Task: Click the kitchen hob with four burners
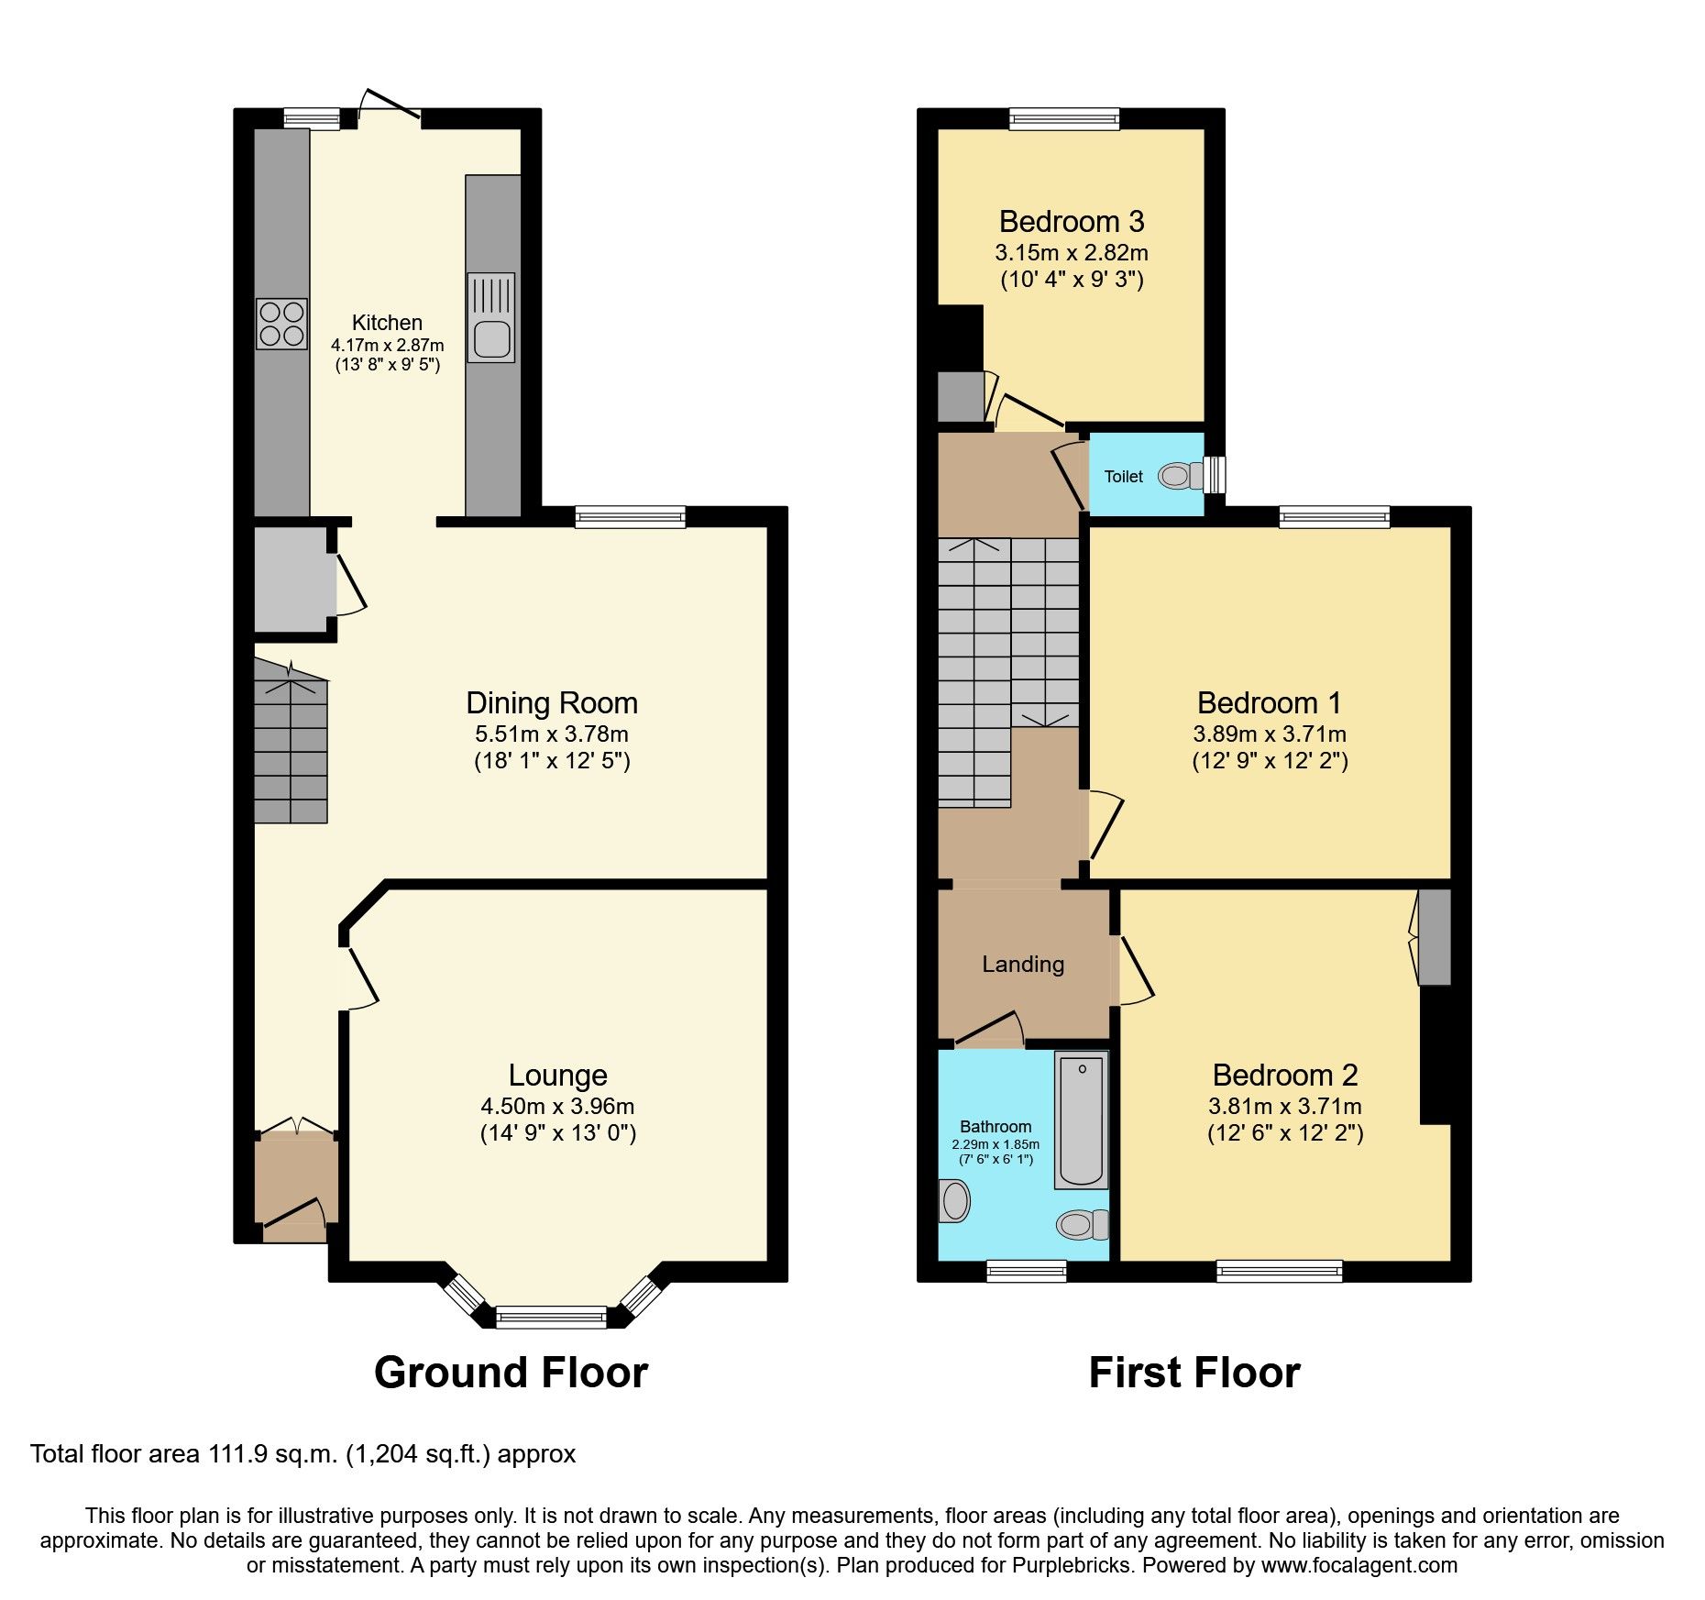(x=281, y=325)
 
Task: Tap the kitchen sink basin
(x=491, y=339)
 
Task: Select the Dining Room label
(x=551, y=703)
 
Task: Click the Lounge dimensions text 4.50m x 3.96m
(x=557, y=1107)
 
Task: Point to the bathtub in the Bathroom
(x=1082, y=1120)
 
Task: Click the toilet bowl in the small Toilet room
(x=1177, y=476)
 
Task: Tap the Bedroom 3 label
(x=1071, y=222)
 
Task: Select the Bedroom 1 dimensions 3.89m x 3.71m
(x=1269, y=734)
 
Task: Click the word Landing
(x=1023, y=965)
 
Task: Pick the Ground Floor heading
(x=511, y=1374)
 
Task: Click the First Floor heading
(x=1193, y=1374)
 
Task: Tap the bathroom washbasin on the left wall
(x=954, y=1201)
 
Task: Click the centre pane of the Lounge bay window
(x=551, y=1319)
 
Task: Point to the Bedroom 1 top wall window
(x=1334, y=518)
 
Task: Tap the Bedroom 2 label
(x=1284, y=1076)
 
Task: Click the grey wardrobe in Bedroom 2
(x=1435, y=937)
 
